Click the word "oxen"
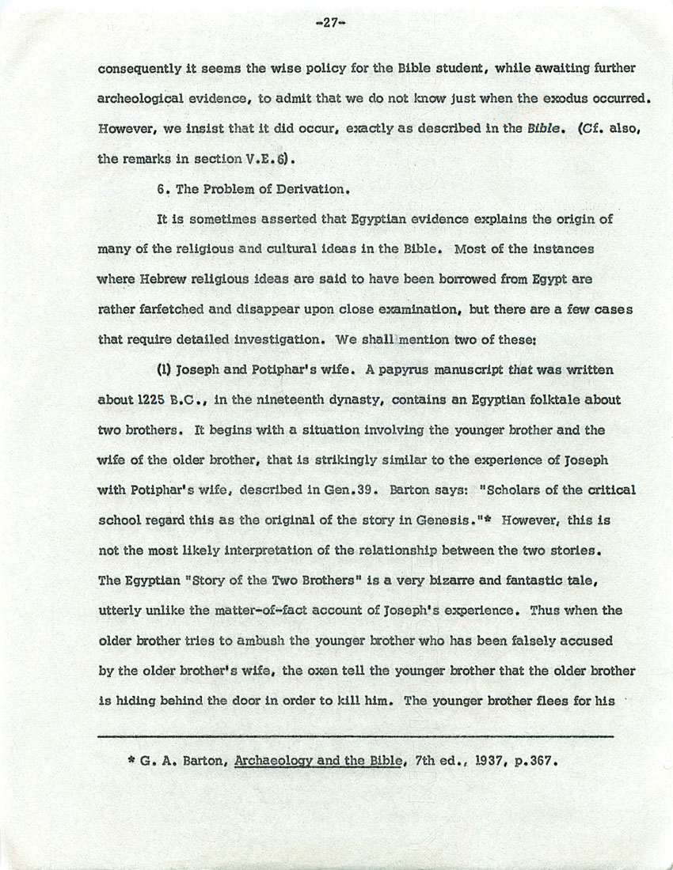[x=306, y=671]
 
